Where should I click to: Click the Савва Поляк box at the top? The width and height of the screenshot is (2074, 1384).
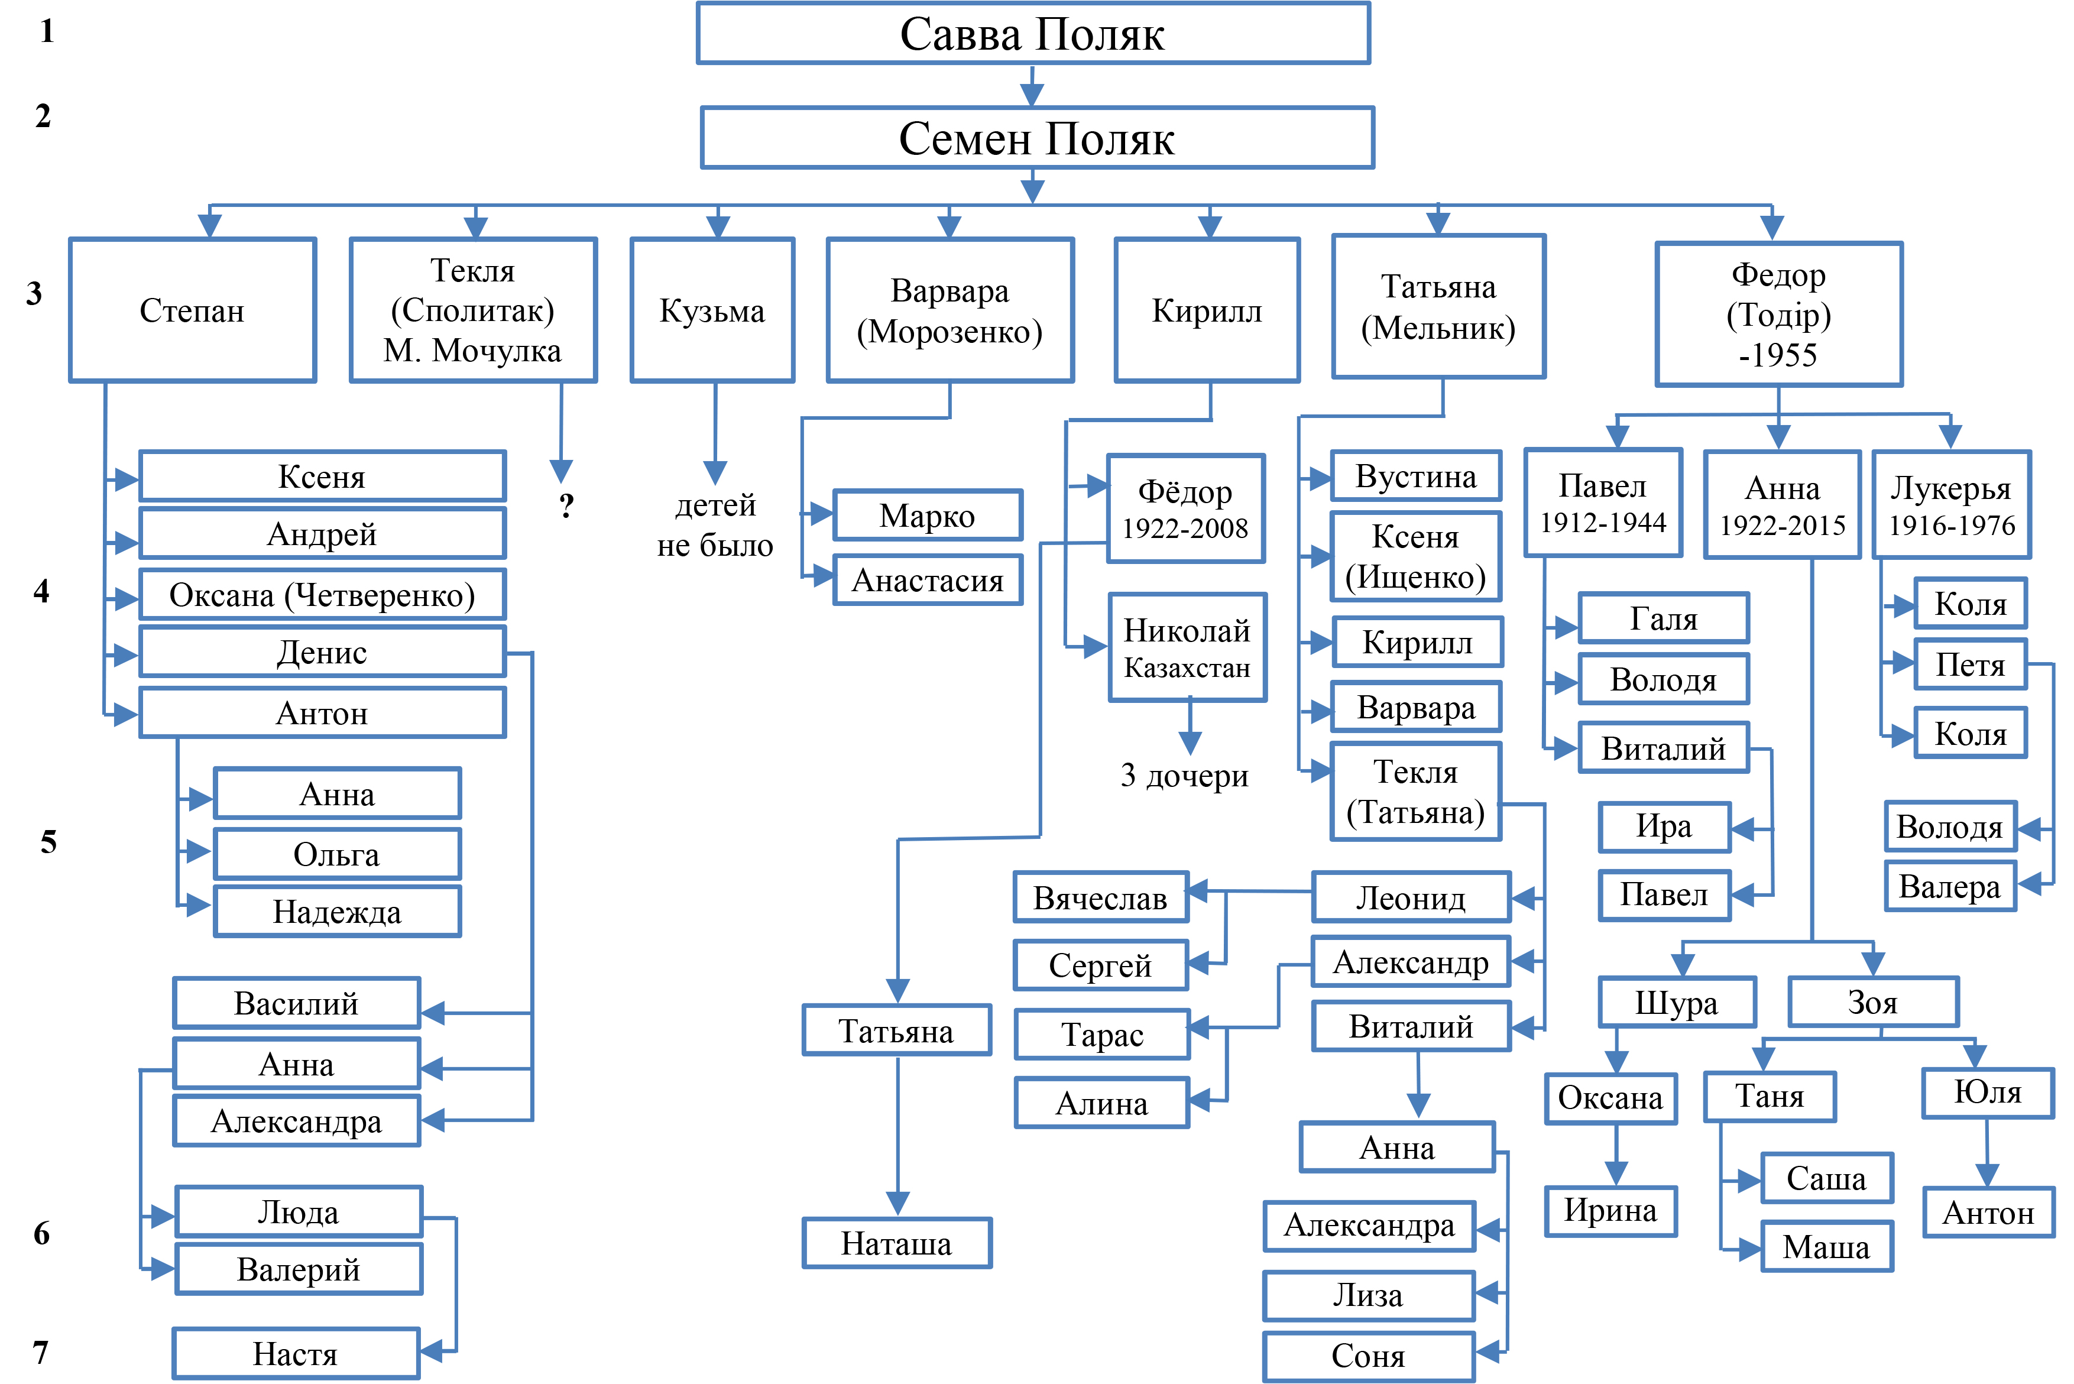[1033, 34]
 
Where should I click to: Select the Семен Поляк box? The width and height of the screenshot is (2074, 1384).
[1037, 138]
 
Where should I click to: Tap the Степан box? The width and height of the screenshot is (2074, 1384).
[192, 310]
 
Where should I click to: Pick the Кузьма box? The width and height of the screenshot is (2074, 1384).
[712, 310]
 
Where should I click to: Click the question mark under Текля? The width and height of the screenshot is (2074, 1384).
[566, 505]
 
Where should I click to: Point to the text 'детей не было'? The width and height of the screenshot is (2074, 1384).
[715, 525]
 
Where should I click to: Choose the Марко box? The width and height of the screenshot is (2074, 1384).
[928, 514]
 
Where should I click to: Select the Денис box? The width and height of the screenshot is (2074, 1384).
[322, 652]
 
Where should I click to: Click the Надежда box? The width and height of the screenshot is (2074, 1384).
[337, 911]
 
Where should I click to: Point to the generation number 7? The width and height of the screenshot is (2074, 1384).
[41, 1352]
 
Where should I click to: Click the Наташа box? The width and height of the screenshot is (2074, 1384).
[897, 1243]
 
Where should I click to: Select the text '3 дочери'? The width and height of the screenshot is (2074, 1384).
[1184, 775]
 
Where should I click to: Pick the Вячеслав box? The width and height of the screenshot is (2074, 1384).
[1100, 897]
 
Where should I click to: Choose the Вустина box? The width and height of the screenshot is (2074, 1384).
[1415, 476]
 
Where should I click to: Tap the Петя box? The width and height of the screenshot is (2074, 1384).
[1970, 664]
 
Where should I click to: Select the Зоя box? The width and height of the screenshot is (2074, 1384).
[1873, 1002]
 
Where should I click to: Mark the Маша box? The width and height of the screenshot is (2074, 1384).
[1826, 1246]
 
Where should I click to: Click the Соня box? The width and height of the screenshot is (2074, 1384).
[1368, 1355]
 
